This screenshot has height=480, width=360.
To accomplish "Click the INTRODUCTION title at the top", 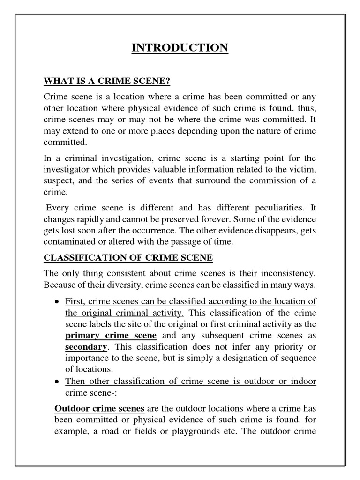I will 180,48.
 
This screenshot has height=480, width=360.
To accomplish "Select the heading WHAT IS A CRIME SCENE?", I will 106,82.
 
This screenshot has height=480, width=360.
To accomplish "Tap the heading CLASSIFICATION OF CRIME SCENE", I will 128,257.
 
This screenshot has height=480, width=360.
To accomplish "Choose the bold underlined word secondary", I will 86,347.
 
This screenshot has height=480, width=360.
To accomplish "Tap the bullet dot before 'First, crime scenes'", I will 57,301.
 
